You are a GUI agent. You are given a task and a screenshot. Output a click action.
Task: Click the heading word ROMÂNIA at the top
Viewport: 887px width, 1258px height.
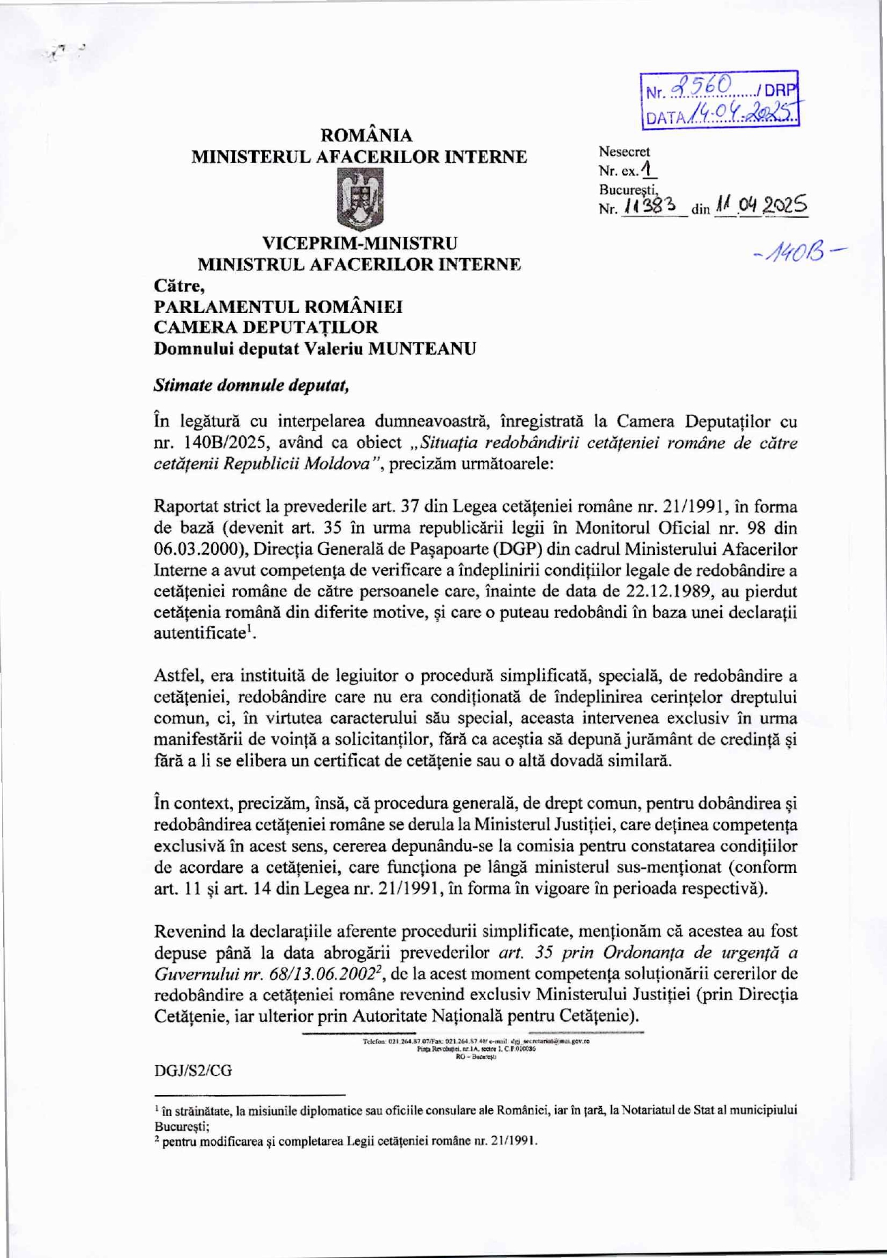(366, 136)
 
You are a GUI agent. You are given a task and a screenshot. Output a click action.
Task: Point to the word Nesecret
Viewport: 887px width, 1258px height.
(624, 151)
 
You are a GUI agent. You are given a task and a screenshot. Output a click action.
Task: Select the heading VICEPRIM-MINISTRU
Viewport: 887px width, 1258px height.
(359, 244)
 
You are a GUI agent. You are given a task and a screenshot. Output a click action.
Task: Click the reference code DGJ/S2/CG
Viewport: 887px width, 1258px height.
(193, 1072)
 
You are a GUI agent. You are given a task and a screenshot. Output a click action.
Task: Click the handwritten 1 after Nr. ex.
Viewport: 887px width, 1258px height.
(647, 169)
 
